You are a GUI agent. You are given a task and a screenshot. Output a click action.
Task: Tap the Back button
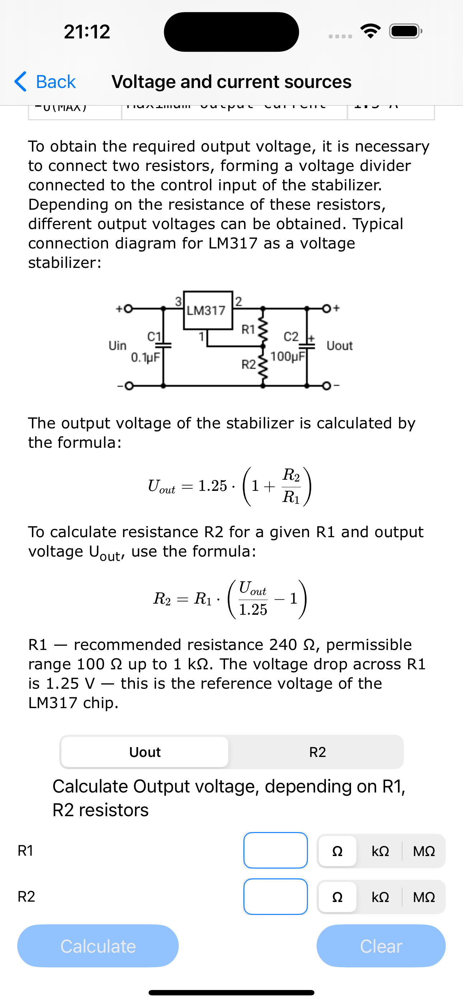coord(45,82)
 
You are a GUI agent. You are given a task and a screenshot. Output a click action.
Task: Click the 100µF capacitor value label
coord(287,356)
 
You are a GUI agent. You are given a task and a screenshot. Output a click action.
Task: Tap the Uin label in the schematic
coord(117,346)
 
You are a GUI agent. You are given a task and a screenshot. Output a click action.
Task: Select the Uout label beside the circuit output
coord(340,346)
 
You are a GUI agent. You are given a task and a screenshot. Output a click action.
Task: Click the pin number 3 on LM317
coord(178,301)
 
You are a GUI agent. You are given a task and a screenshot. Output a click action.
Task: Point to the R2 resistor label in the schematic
coord(249,365)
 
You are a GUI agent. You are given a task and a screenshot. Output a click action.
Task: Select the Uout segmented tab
coord(145,752)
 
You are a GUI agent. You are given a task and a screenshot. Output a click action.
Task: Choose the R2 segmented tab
coord(317,752)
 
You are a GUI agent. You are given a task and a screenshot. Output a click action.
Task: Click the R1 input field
coord(276,850)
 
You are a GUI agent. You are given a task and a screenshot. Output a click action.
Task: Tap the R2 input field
coord(276,896)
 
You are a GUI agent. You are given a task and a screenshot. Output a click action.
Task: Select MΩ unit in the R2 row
coord(424,897)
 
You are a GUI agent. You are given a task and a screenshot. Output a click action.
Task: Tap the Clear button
coord(381,946)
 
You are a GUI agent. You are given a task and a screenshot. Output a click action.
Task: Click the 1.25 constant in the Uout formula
coord(212,486)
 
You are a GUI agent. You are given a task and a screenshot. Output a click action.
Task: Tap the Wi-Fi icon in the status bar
coord(371,31)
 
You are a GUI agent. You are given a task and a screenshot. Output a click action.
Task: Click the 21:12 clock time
coord(87,32)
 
